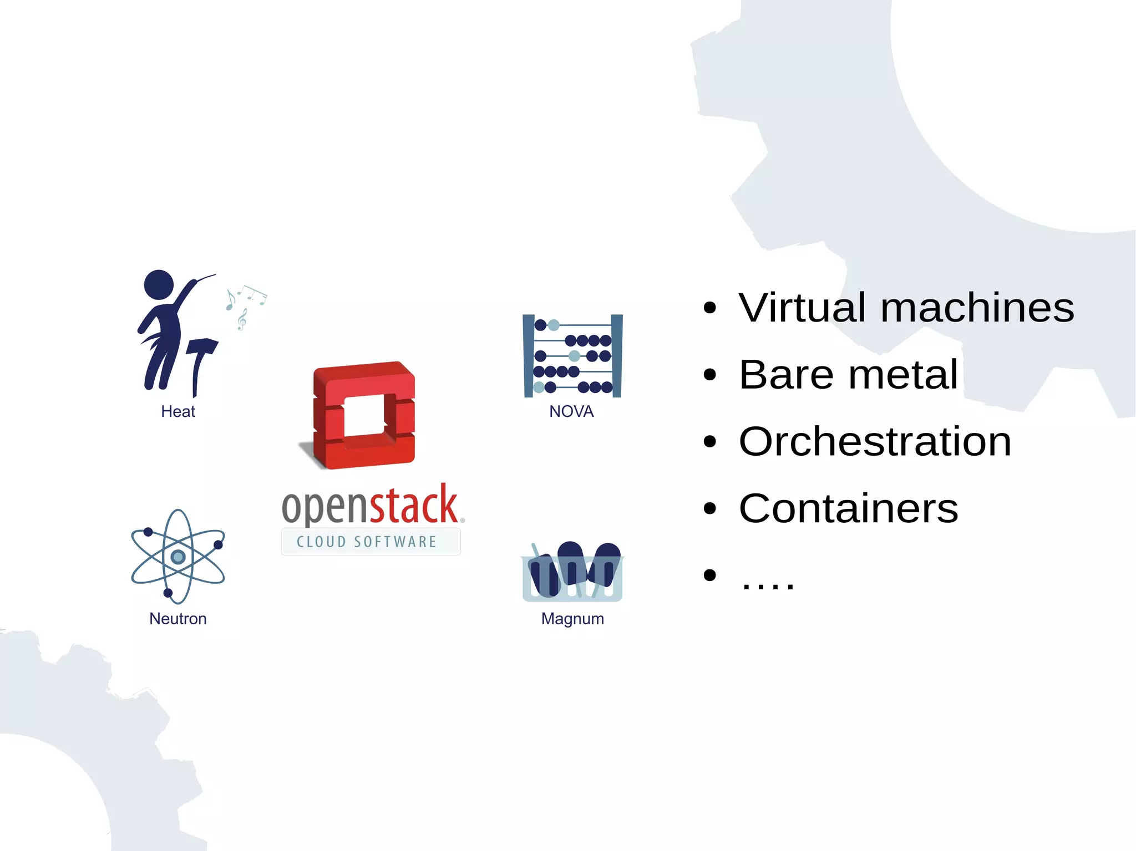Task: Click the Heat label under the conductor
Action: [x=178, y=411]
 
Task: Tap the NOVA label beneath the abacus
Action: [x=571, y=411]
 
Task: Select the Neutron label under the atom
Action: [x=178, y=619]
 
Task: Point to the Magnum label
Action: [x=572, y=619]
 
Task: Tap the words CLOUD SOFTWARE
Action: [x=367, y=542]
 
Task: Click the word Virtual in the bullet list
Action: [x=802, y=308]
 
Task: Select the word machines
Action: [x=977, y=308]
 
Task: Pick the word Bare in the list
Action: [x=786, y=375]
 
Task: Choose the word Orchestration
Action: [x=875, y=442]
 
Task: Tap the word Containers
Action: [x=848, y=508]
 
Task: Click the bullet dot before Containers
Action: [x=709, y=509]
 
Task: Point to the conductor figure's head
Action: [x=159, y=284]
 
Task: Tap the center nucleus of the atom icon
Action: [x=177, y=557]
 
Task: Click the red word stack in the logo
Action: [x=414, y=506]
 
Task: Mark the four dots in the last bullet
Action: [x=767, y=585]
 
